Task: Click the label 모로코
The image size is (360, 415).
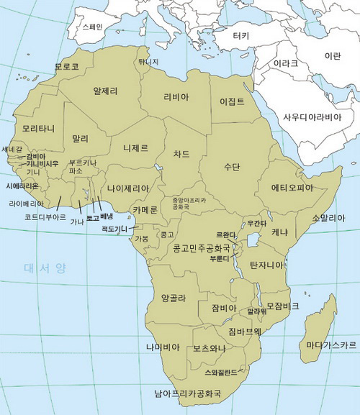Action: coord(66,67)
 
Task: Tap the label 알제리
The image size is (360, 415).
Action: coord(105,91)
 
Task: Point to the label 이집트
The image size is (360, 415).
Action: coord(232,101)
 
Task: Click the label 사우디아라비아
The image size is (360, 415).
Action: coord(311,116)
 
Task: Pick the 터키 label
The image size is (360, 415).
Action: coord(241,36)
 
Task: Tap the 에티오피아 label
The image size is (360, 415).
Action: coord(292,188)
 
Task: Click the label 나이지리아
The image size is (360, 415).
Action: coord(128,188)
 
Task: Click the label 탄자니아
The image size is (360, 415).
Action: coord(267,265)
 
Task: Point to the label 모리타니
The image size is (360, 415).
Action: coord(38,129)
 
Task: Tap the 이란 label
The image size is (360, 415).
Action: coord(333,55)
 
